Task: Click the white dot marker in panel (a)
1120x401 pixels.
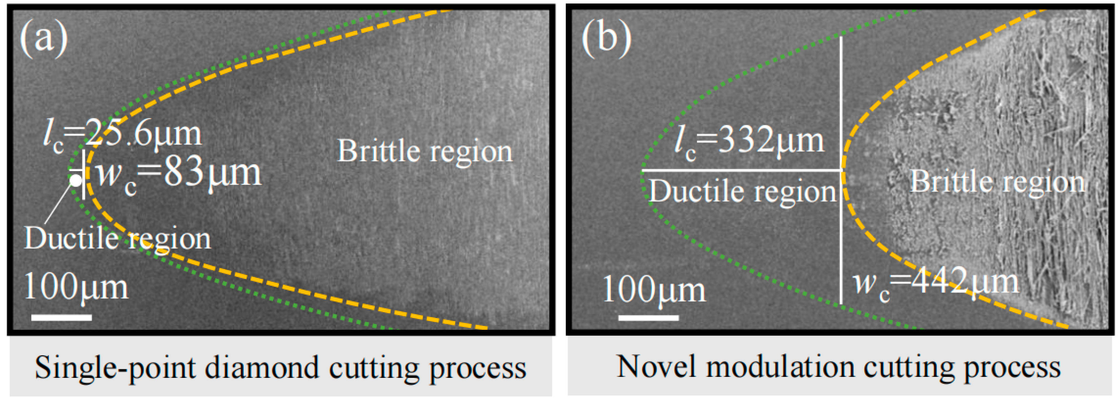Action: coord(76,180)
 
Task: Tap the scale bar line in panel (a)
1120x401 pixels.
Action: coord(61,317)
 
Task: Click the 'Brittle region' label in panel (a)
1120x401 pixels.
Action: coord(425,151)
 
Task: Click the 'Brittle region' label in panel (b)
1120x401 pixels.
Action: coord(997,182)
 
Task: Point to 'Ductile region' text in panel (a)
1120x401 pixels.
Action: coord(117,239)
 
